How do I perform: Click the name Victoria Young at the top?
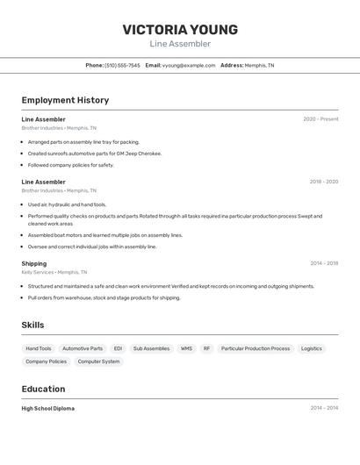click(180, 30)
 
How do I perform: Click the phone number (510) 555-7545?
click(122, 65)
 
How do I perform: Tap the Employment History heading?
click(65, 100)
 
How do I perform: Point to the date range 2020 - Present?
click(320, 119)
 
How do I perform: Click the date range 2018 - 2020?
click(324, 182)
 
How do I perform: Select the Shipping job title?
click(34, 263)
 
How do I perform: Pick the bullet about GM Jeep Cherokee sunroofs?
click(95, 154)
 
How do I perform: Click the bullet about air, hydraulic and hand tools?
click(67, 204)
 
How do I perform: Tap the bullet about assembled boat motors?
click(104, 235)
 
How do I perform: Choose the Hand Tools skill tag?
click(39, 348)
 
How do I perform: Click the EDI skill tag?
click(118, 348)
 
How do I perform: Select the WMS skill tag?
click(186, 348)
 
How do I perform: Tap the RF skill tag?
click(207, 348)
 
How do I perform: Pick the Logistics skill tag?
click(312, 348)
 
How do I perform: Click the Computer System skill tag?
click(98, 361)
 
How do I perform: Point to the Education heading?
click(43, 389)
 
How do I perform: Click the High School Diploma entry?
click(47, 408)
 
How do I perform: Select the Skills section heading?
click(32, 325)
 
